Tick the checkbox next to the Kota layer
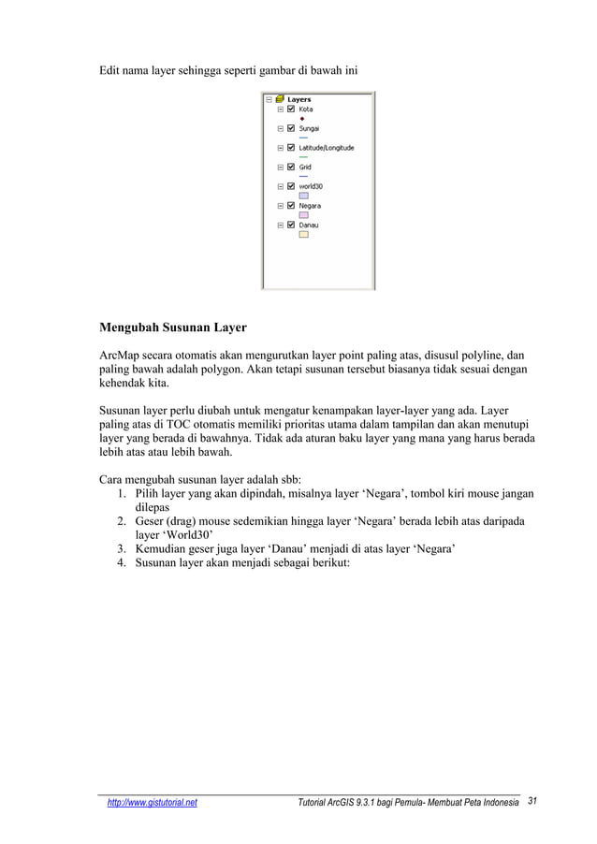[x=291, y=109]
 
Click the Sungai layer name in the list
[x=310, y=128]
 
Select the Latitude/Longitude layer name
[x=326, y=148]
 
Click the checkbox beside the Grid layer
[x=291, y=167]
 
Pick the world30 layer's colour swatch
[x=303, y=196]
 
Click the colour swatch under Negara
[x=303, y=215]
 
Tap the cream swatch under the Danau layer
[x=303, y=235]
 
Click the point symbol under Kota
[x=303, y=119]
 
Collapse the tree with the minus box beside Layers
[x=269, y=99]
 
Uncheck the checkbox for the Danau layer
[x=291, y=226]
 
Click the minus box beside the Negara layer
[x=280, y=206]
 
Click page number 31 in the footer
[x=534, y=802]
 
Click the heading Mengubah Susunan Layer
[x=173, y=328]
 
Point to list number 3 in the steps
[x=123, y=548]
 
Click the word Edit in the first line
[x=112, y=71]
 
